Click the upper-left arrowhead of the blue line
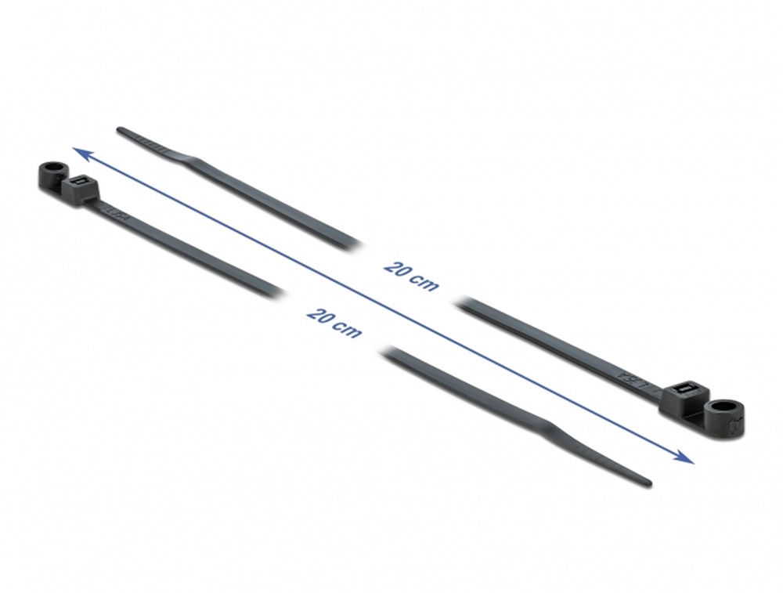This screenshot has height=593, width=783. (81, 154)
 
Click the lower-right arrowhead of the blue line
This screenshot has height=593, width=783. (686, 457)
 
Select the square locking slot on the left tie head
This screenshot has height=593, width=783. (78, 182)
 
